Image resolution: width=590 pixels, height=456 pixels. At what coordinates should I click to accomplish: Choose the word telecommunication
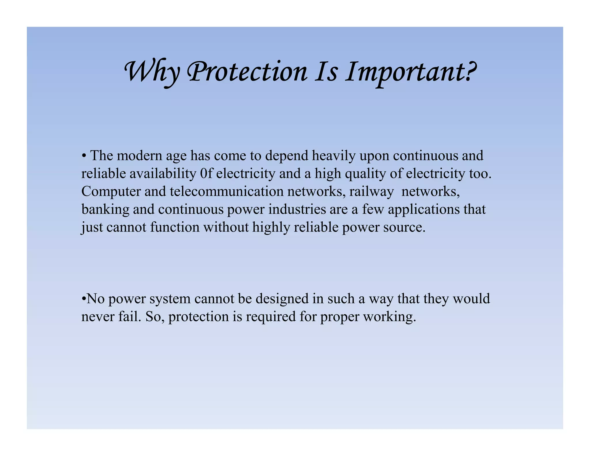[227, 191]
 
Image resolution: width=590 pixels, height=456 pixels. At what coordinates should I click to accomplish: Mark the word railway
[371, 192]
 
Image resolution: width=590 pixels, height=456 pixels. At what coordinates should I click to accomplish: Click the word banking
[105, 210]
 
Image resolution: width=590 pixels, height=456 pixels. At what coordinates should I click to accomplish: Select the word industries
[297, 209]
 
